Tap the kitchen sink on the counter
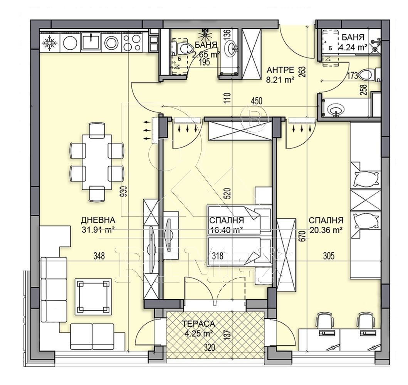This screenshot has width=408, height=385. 91,42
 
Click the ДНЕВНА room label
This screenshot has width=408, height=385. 98,220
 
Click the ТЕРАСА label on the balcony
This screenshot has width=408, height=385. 198,324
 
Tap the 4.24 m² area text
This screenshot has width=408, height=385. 353,47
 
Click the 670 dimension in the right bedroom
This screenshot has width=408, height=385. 302,236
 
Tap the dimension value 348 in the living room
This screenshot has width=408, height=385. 99,256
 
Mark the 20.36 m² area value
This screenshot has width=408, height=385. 326,230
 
